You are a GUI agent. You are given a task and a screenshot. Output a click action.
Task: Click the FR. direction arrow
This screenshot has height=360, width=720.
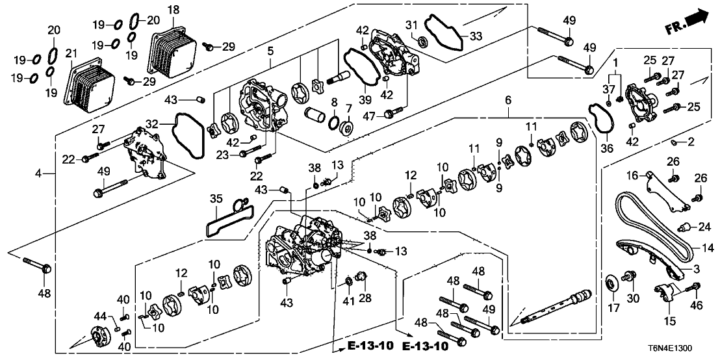click(689, 23)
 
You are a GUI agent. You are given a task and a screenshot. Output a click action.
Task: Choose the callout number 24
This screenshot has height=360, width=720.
click(704, 226)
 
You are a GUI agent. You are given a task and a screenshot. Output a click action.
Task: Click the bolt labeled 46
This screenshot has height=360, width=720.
click(696, 288)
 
